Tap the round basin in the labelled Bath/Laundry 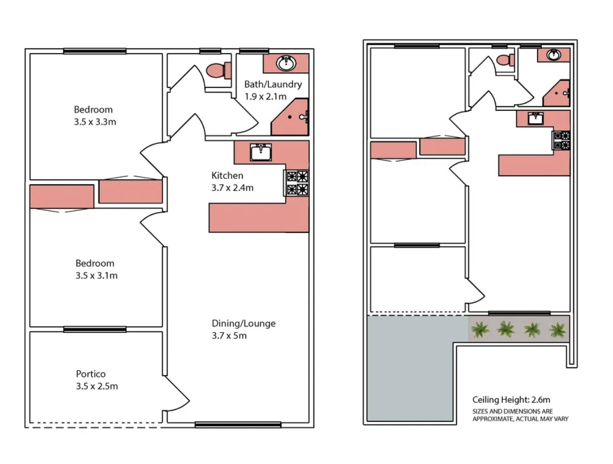286,63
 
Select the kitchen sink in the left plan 261,152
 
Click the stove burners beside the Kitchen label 297,183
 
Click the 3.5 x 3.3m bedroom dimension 95,122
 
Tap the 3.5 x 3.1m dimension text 97,275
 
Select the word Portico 90,373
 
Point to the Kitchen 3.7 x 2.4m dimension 232,188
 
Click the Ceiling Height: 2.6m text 511,399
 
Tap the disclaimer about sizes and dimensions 520,415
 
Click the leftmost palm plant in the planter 480,329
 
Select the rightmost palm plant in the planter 558,330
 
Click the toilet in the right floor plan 505,60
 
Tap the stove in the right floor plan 562,140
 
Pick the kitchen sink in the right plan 536,118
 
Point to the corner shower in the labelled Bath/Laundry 290,117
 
